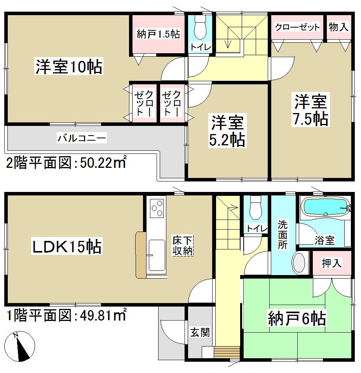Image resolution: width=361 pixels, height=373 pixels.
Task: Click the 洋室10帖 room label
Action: [x=69, y=67]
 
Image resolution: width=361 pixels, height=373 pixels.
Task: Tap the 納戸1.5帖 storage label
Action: [x=158, y=34]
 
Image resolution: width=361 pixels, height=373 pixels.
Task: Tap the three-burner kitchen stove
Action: [x=156, y=209]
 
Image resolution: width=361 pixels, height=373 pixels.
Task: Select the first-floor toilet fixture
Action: [x=256, y=210]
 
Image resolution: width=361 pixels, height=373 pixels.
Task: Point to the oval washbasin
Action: [x=300, y=263]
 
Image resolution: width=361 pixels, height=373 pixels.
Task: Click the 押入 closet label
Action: [x=332, y=263]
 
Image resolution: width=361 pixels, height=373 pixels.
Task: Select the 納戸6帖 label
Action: [x=296, y=319]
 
